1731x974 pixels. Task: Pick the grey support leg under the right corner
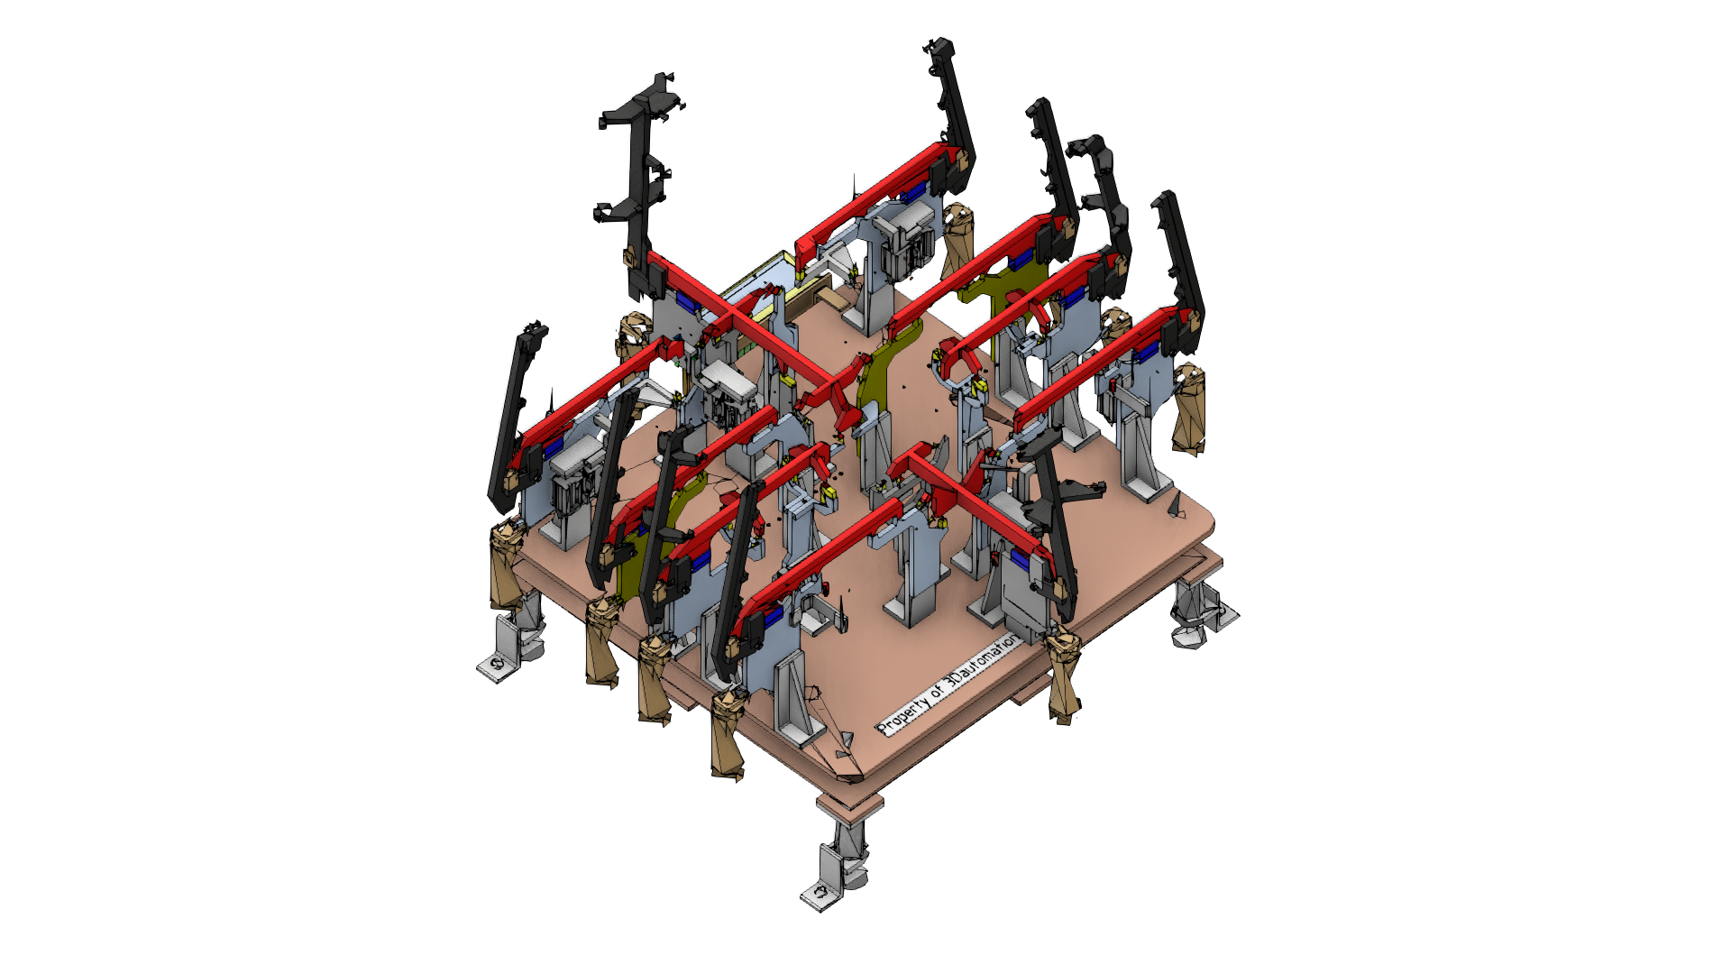[x=1201, y=613]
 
